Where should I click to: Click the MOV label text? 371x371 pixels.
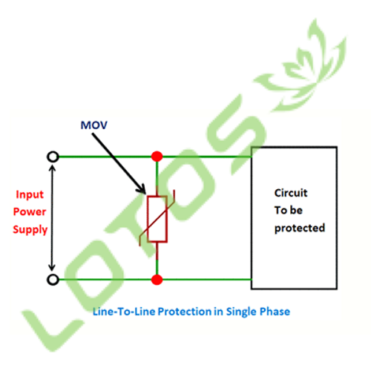coord(94,125)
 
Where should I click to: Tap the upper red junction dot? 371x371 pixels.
coord(157,157)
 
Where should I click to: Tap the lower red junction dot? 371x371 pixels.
coord(157,280)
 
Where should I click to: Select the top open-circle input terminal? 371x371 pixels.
coord(53,157)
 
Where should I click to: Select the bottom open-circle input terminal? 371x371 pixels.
coord(53,280)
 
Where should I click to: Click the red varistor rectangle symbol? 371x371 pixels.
coord(157,219)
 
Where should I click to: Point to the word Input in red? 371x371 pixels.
coord(30,194)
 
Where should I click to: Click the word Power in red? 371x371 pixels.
coord(30,211)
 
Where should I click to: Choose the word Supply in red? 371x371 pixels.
coord(30,230)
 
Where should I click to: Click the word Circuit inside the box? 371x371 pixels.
coord(291,193)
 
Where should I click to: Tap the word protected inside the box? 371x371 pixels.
coord(300,228)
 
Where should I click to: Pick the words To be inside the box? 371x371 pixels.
coord(289,210)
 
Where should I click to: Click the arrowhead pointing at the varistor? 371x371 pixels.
coord(142,189)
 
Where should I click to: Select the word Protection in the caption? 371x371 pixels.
coord(185,312)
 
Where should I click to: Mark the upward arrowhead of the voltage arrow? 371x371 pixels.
coord(52,168)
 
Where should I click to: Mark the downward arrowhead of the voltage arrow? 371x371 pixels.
coord(52,267)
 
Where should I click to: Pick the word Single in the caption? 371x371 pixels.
coord(241,312)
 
